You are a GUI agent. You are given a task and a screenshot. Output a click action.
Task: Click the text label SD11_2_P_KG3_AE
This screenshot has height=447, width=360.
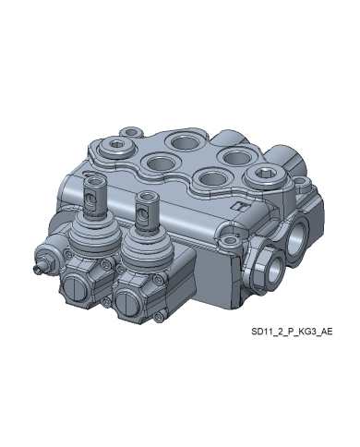(x=292, y=332)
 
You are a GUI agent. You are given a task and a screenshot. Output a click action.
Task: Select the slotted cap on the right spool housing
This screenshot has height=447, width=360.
(x=128, y=305)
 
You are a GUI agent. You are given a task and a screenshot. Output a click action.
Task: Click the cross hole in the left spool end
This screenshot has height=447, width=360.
(x=90, y=198)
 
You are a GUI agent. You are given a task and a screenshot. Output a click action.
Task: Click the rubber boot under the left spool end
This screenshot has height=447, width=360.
(x=93, y=233)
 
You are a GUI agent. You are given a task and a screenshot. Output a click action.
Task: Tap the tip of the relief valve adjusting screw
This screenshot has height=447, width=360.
(x=37, y=270)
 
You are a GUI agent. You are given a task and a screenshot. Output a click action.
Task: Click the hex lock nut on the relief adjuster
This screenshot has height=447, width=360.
(x=50, y=263)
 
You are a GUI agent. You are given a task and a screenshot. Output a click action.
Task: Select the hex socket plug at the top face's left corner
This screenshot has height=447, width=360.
(x=117, y=144)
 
